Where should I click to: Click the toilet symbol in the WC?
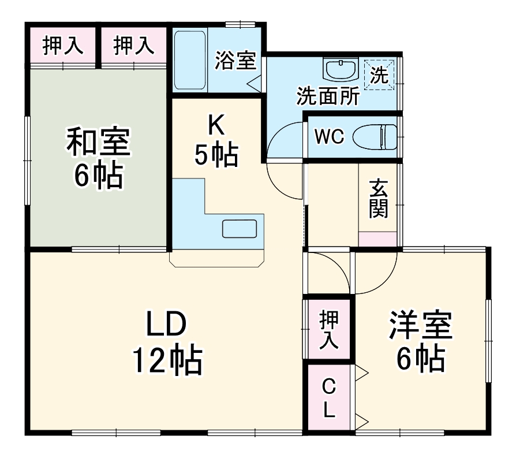[x=375, y=137]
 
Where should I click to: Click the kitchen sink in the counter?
[x=240, y=229]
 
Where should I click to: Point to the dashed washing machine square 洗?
[x=379, y=75]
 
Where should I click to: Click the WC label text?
[x=330, y=137]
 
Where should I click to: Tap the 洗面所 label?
[x=328, y=95]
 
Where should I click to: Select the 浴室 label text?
[x=235, y=60]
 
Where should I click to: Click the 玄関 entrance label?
[x=378, y=199]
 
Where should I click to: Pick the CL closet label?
[x=328, y=397]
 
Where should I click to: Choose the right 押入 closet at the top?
[x=133, y=46]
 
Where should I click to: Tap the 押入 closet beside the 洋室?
[x=328, y=329]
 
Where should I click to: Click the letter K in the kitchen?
[x=216, y=124]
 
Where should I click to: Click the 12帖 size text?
[x=167, y=360]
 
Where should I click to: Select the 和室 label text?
[x=98, y=142]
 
